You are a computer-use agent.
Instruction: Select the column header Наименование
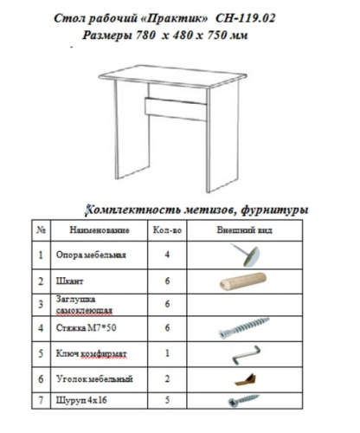[x=100, y=229]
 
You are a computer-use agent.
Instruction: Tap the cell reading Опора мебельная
[x=91, y=255]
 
